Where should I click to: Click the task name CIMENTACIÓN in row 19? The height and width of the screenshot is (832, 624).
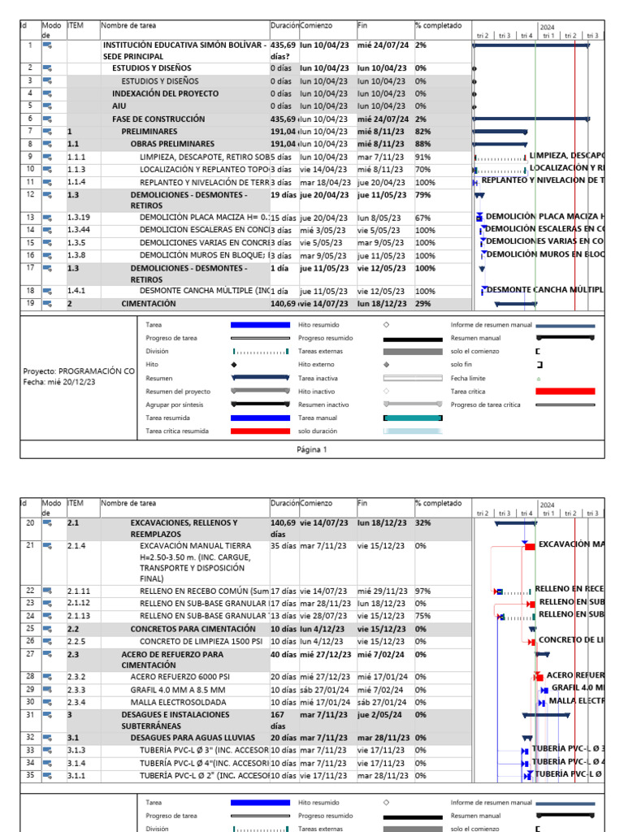point(148,304)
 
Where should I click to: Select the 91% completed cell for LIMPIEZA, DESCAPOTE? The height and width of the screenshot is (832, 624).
point(422,156)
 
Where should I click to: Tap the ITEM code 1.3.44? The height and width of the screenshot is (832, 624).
point(79,230)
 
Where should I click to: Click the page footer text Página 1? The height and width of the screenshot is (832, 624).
point(312,449)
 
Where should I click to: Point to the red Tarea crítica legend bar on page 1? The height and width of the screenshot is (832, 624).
point(565,392)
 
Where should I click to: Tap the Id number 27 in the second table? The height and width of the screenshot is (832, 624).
point(29,653)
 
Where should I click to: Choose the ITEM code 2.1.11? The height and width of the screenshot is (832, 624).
point(79,591)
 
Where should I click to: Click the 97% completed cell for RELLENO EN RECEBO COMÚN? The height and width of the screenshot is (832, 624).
point(422,591)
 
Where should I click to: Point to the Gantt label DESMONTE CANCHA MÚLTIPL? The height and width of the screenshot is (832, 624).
point(544,290)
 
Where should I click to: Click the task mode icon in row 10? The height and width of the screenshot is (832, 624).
point(48,169)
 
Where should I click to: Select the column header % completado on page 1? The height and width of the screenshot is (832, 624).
point(438,25)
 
